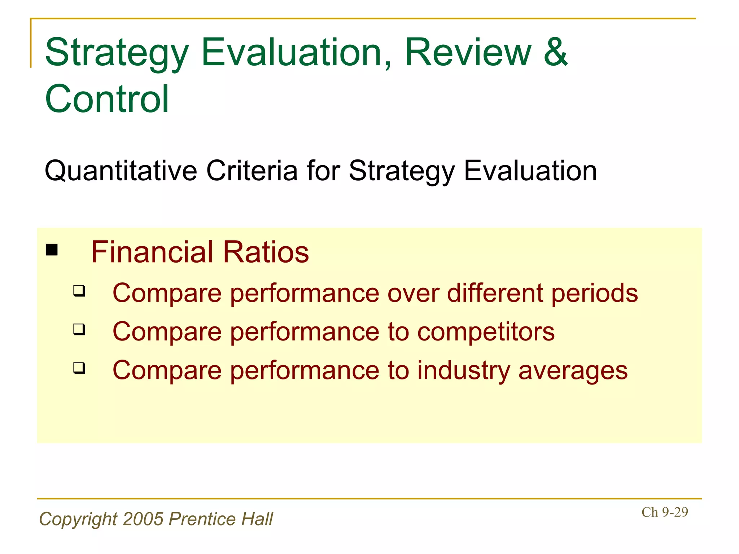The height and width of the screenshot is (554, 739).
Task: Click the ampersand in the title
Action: (x=556, y=52)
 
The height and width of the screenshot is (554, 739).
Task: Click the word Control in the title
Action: (x=107, y=99)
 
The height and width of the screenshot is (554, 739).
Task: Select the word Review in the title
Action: (x=468, y=52)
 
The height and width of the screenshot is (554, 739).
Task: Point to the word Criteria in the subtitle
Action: (x=252, y=170)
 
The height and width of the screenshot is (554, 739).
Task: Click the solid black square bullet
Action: (x=52, y=250)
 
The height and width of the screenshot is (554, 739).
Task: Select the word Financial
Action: (x=152, y=252)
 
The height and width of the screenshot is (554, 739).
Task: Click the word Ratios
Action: (x=266, y=252)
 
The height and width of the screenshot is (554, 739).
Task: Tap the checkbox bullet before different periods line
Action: (x=79, y=291)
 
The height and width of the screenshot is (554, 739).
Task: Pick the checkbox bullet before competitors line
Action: (x=79, y=329)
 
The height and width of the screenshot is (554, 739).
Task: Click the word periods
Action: (x=594, y=294)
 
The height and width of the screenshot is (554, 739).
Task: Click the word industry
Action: (x=463, y=371)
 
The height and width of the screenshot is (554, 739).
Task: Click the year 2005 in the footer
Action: (x=143, y=519)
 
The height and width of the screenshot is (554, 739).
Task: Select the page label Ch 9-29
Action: (x=665, y=512)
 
